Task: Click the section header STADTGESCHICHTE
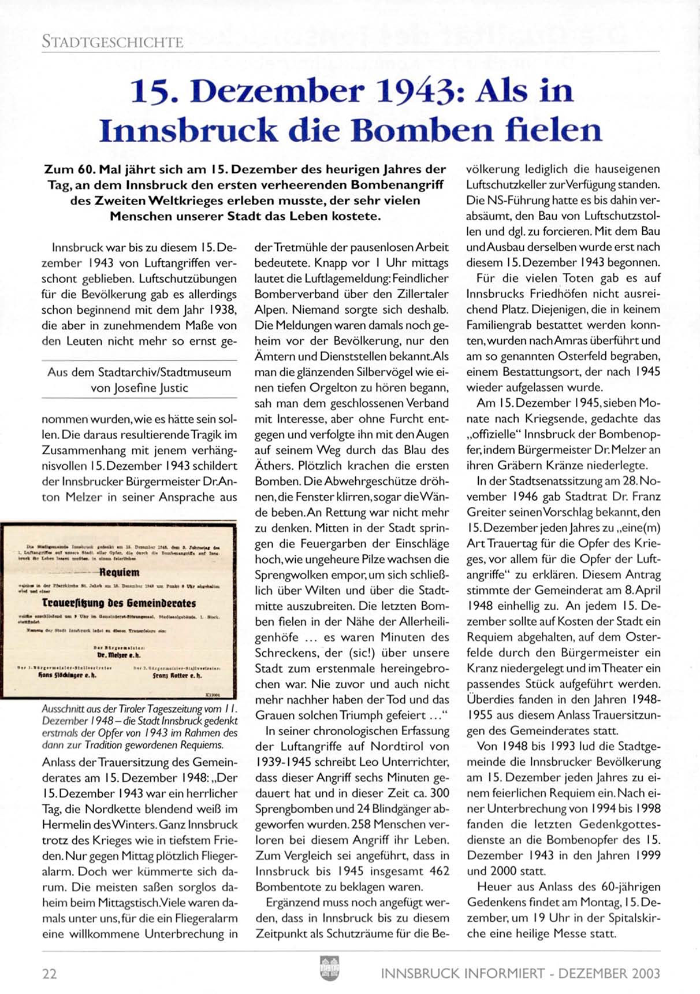pos(113,42)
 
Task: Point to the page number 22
pos(50,974)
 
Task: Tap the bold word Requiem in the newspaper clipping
pos(119,573)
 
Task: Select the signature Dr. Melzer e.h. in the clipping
pos(116,657)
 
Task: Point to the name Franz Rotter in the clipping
pos(177,674)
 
